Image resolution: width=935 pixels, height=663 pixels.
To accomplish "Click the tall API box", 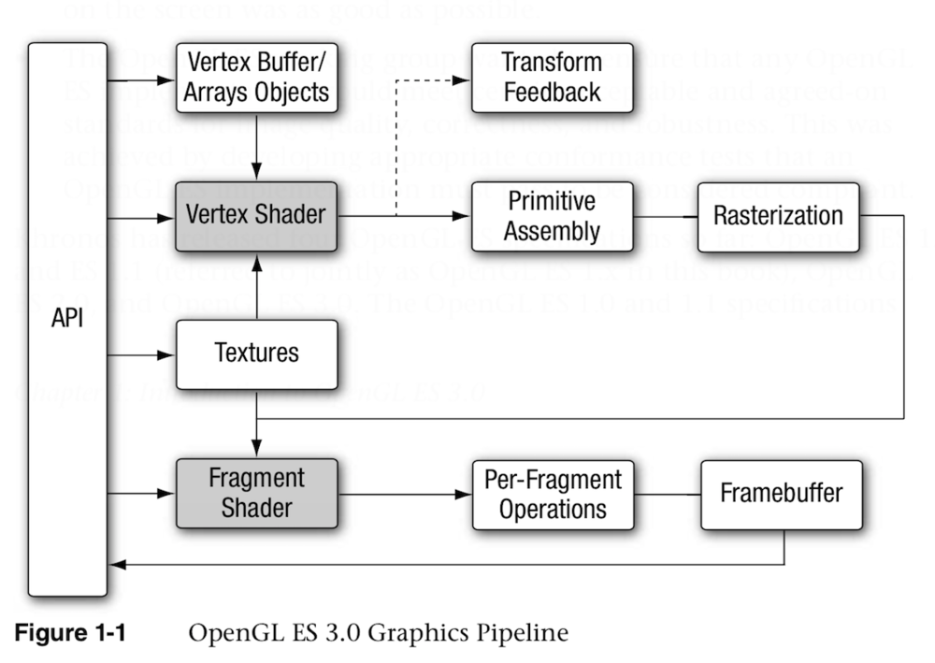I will tap(67, 318).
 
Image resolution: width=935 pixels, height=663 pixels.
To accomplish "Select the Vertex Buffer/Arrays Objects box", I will tap(257, 78).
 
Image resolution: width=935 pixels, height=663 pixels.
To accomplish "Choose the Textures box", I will tap(257, 353).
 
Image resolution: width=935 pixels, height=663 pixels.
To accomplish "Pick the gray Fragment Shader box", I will tap(257, 493).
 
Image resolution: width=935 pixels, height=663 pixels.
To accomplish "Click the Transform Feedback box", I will tap(551, 78).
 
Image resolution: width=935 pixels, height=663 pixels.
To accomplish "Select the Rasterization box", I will tap(778, 216).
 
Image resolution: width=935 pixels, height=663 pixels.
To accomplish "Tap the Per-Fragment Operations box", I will tap(553, 494).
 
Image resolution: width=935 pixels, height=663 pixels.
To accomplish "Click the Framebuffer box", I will tap(782, 494).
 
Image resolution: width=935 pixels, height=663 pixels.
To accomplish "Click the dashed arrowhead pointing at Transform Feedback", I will tap(462, 81).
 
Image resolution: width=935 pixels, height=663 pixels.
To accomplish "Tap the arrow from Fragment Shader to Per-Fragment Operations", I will tap(402, 494).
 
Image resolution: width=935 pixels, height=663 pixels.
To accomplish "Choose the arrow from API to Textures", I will tap(140, 355).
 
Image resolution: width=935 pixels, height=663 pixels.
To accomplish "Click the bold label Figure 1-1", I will tap(70, 633).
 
